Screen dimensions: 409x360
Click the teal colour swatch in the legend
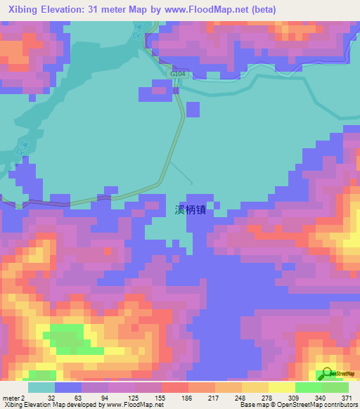(41, 387)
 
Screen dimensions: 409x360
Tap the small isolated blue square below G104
(193, 109)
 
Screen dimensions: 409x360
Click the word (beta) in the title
(263, 10)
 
